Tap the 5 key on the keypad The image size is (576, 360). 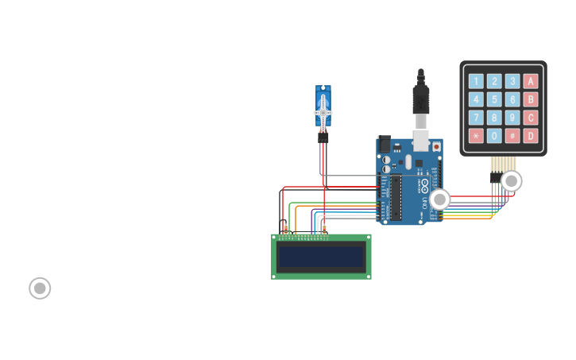coord(494,99)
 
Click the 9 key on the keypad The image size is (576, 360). coord(512,118)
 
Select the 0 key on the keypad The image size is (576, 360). coord(494,136)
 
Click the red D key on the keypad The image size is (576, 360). coord(531,136)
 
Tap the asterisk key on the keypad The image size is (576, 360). coord(476,136)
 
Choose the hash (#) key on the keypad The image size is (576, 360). coord(512,136)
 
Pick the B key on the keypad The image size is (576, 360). coord(531,99)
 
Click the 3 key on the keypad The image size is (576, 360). coord(512,81)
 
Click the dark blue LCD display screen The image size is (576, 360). coord(321,257)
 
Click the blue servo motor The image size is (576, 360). coord(323,106)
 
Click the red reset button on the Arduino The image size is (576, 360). coord(436,147)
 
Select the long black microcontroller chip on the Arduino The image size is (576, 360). coord(395,198)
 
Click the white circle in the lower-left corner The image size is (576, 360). coord(40,288)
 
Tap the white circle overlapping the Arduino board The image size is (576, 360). coord(439,199)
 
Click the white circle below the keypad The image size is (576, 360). coord(512,181)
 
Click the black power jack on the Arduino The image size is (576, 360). coord(384,145)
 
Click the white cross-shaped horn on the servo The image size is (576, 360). coord(323,112)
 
